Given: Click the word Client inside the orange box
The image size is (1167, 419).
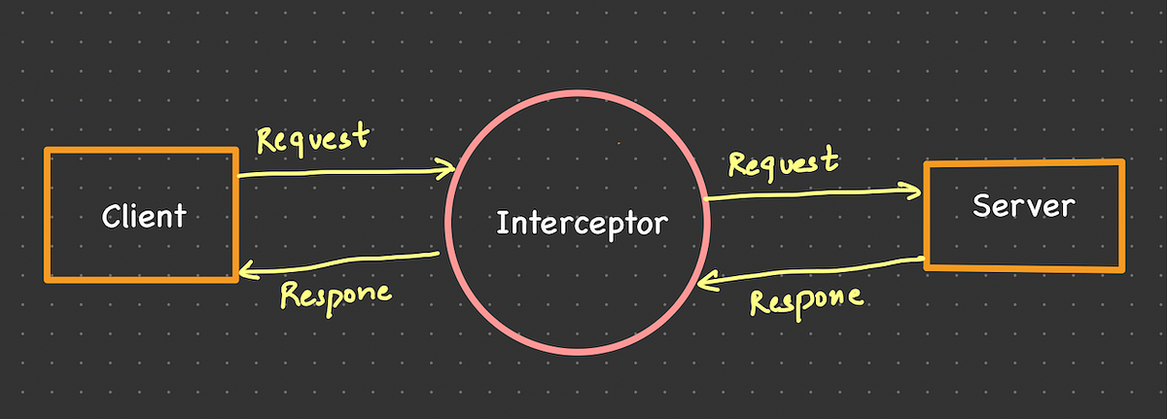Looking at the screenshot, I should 144,215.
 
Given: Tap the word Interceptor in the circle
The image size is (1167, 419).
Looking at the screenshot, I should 582,224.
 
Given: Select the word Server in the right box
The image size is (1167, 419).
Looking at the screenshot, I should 1024,206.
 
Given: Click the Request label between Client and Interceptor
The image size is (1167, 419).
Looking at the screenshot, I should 313,139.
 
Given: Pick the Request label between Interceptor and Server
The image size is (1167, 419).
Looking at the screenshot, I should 783,160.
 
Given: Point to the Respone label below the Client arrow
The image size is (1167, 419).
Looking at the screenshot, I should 336,293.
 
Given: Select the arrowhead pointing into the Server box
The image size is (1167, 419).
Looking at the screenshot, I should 915,191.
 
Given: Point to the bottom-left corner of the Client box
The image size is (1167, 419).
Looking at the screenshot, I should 47,279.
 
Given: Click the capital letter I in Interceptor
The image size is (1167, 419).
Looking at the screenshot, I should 500,224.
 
